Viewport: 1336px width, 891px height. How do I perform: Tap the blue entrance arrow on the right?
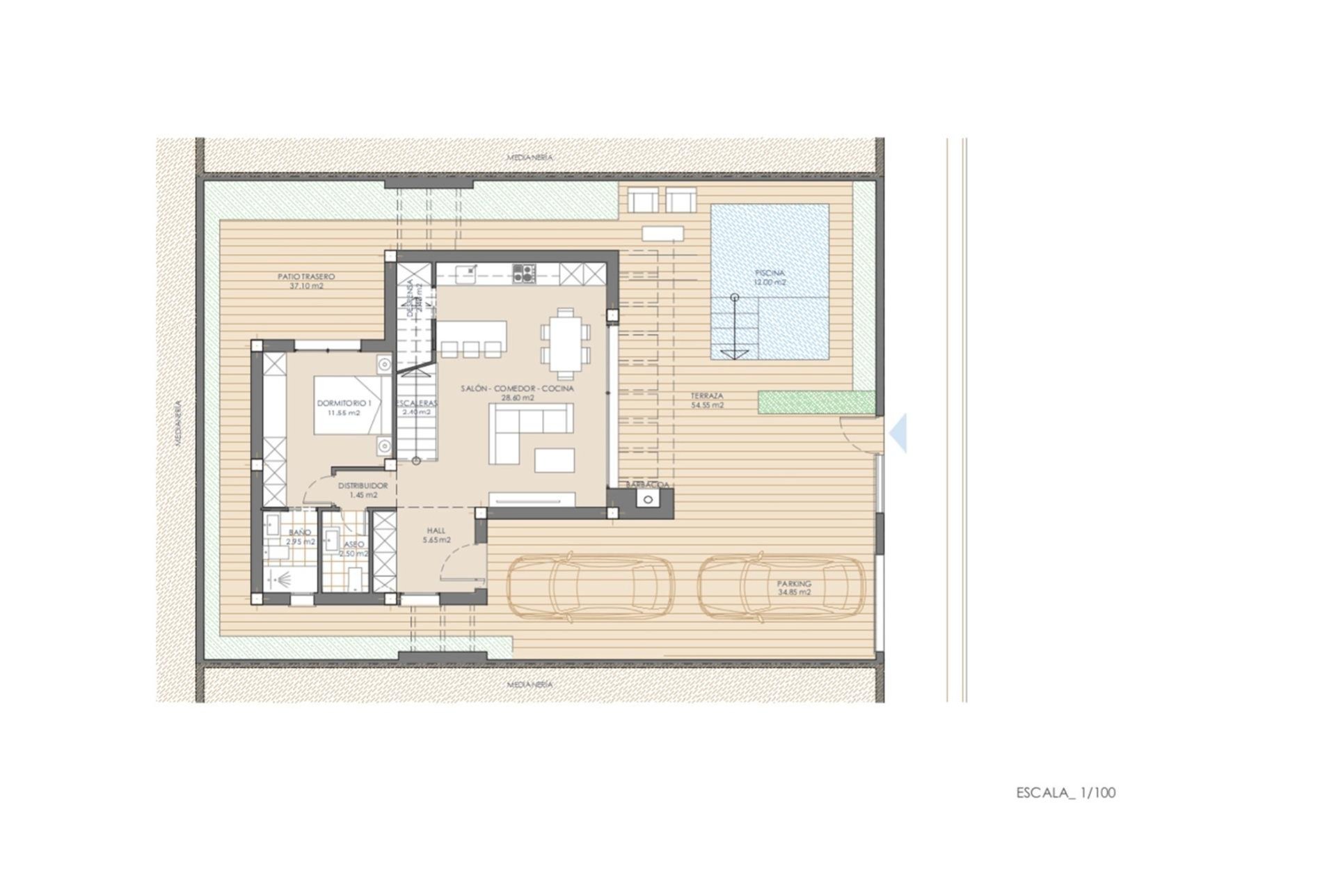pos(899,433)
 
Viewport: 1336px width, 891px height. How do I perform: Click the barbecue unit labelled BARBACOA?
pos(649,499)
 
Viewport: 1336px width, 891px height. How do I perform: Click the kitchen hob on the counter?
pos(523,273)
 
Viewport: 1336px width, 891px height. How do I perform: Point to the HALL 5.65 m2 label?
pos(436,535)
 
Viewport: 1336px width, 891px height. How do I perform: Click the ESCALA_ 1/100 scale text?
pos(1065,792)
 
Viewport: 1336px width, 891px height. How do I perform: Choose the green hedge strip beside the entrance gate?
pos(816,402)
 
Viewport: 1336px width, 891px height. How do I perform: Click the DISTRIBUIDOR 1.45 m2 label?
pos(363,490)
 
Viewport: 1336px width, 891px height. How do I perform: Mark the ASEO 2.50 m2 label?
pos(353,549)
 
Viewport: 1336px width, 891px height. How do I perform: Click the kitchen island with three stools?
pos(471,338)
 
